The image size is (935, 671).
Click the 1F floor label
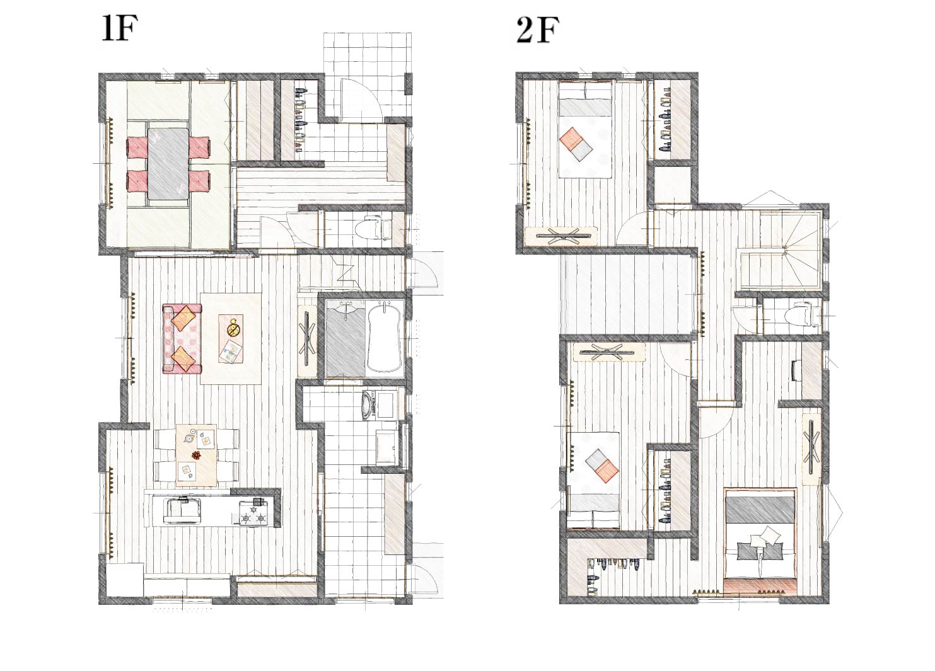(x=120, y=29)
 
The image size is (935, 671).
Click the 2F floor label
(x=538, y=30)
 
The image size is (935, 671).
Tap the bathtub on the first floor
(x=384, y=337)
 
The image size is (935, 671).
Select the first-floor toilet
(x=374, y=227)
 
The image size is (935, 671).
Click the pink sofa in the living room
(x=182, y=338)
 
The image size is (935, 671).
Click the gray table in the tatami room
(x=167, y=163)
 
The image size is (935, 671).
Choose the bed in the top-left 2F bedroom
(x=585, y=129)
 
